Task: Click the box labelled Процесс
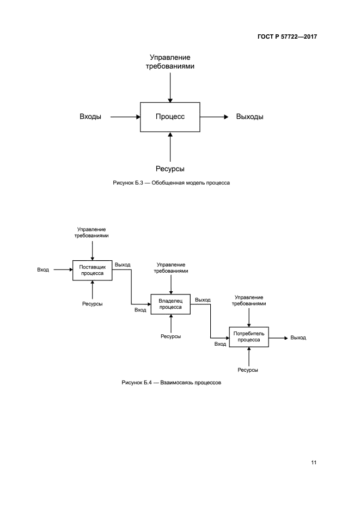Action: click(170, 116)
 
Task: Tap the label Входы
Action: click(90, 116)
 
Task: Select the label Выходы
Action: click(250, 116)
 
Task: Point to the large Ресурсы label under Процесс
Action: click(170, 169)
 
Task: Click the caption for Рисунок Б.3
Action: click(171, 183)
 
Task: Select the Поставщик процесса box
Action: click(92, 270)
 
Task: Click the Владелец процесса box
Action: click(170, 304)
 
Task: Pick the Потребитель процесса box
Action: click(248, 337)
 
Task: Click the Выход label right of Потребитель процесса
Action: click(298, 338)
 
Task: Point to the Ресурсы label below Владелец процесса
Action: click(170, 336)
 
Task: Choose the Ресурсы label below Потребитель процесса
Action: click(248, 370)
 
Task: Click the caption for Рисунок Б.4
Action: click(171, 383)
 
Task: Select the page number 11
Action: click(314, 463)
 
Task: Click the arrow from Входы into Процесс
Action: click(125, 116)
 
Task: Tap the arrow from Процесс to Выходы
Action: click(213, 116)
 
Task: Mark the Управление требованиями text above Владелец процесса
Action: click(170, 267)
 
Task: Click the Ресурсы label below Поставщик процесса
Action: click(93, 303)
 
